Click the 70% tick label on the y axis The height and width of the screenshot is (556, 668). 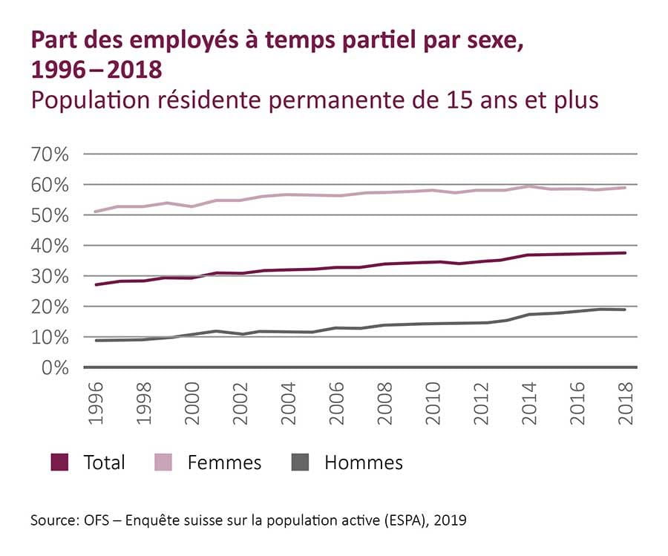50,154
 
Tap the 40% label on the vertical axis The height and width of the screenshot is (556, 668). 50,246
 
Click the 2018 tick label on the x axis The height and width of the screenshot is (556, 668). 626,404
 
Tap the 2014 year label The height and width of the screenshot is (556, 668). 529,404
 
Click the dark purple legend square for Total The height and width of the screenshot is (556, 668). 59,462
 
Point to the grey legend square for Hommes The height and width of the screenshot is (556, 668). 300,462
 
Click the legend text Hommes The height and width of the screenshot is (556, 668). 363,462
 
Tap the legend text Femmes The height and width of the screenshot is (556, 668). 224,462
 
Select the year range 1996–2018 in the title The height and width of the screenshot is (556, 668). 96,71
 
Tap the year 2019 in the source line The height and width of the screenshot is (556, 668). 451,521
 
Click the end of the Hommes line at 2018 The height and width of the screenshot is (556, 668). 626,310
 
